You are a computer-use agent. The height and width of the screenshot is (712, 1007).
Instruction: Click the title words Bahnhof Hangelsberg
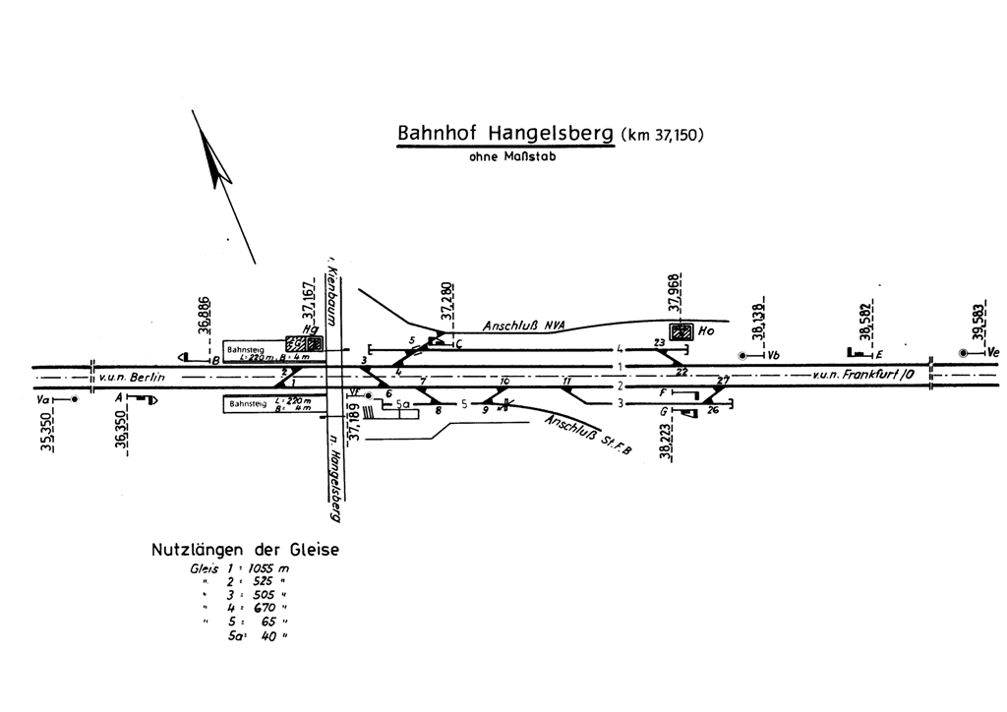pyautogui.click(x=504, y=133)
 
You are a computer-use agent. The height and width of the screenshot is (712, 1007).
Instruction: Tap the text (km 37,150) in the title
pyautogui.click(x=662, y=135)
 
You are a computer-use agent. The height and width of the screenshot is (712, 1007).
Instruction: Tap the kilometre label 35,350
pyautogui.click(x=46, y=431)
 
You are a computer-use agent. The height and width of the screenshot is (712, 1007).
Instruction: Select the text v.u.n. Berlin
pyautogui.click(x=131, y=377)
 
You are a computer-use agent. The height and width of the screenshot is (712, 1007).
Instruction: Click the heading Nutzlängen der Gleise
pyautogui.click(x=245, y=551)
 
